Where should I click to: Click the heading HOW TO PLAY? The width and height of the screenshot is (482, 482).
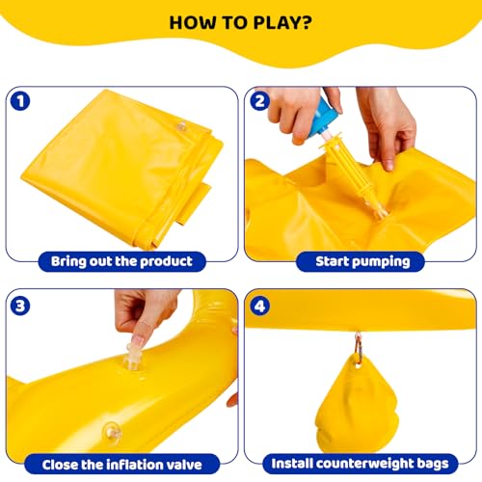pyautogui.click(x=241, y=23)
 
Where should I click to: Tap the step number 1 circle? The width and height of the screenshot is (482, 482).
pyautogui.click(x=20, y=101)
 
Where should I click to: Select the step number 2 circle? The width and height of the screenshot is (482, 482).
pyautogui.click(x=259, y=101)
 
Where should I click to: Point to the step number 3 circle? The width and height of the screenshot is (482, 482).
pyautogui.click(x=20, y=306)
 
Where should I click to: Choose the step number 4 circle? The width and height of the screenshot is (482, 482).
pyautogui.click(x=259, y=306)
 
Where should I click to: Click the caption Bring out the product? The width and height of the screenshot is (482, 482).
pyautogui.click(x=121, y=261)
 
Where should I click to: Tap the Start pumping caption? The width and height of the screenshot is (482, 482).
pyautogui.click(x=362, y=261)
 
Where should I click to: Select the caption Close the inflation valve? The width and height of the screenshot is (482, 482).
pyautogui.click(x=122, y=465)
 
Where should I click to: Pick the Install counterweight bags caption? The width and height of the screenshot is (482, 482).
pyautogui.click(x=360, y=464)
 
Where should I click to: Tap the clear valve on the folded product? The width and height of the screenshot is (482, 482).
pyautogui.click(x=182, y=126)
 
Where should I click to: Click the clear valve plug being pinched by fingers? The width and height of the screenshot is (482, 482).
pyautogui.click(x=133, y=357)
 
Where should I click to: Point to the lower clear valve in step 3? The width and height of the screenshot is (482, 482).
pyautogui.click(x=112, y=433)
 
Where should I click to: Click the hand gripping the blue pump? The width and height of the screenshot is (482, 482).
pyautogui.click(x=299, y=113)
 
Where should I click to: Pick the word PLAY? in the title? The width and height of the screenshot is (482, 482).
pyautogui.click(x=282, y=23)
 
